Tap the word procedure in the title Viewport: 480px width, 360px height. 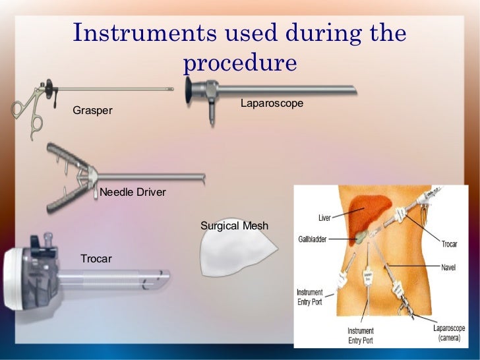pyautogui.click(x=240, y=63)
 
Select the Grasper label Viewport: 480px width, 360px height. pyautogui.click(x=92, y=111)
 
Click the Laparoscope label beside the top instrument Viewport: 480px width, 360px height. pyautogui.click(x=272, y=104)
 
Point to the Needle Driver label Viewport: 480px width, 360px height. pyautogui.click(x=133, y=193)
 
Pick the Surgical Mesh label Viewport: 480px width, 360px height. pyautogui.click(x=234, y=225)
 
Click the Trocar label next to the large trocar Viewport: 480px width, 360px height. pyautogui.click(x=96, y=258)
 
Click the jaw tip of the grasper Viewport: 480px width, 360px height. pyautogui.click(x=169, y=88)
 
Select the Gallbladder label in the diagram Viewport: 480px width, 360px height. pyautogui.click(x=312, y=238)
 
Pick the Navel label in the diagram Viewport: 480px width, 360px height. pyautogui.click(x=448, y=268)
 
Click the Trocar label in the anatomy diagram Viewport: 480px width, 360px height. pyautogui.click(x=449, y=244)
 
